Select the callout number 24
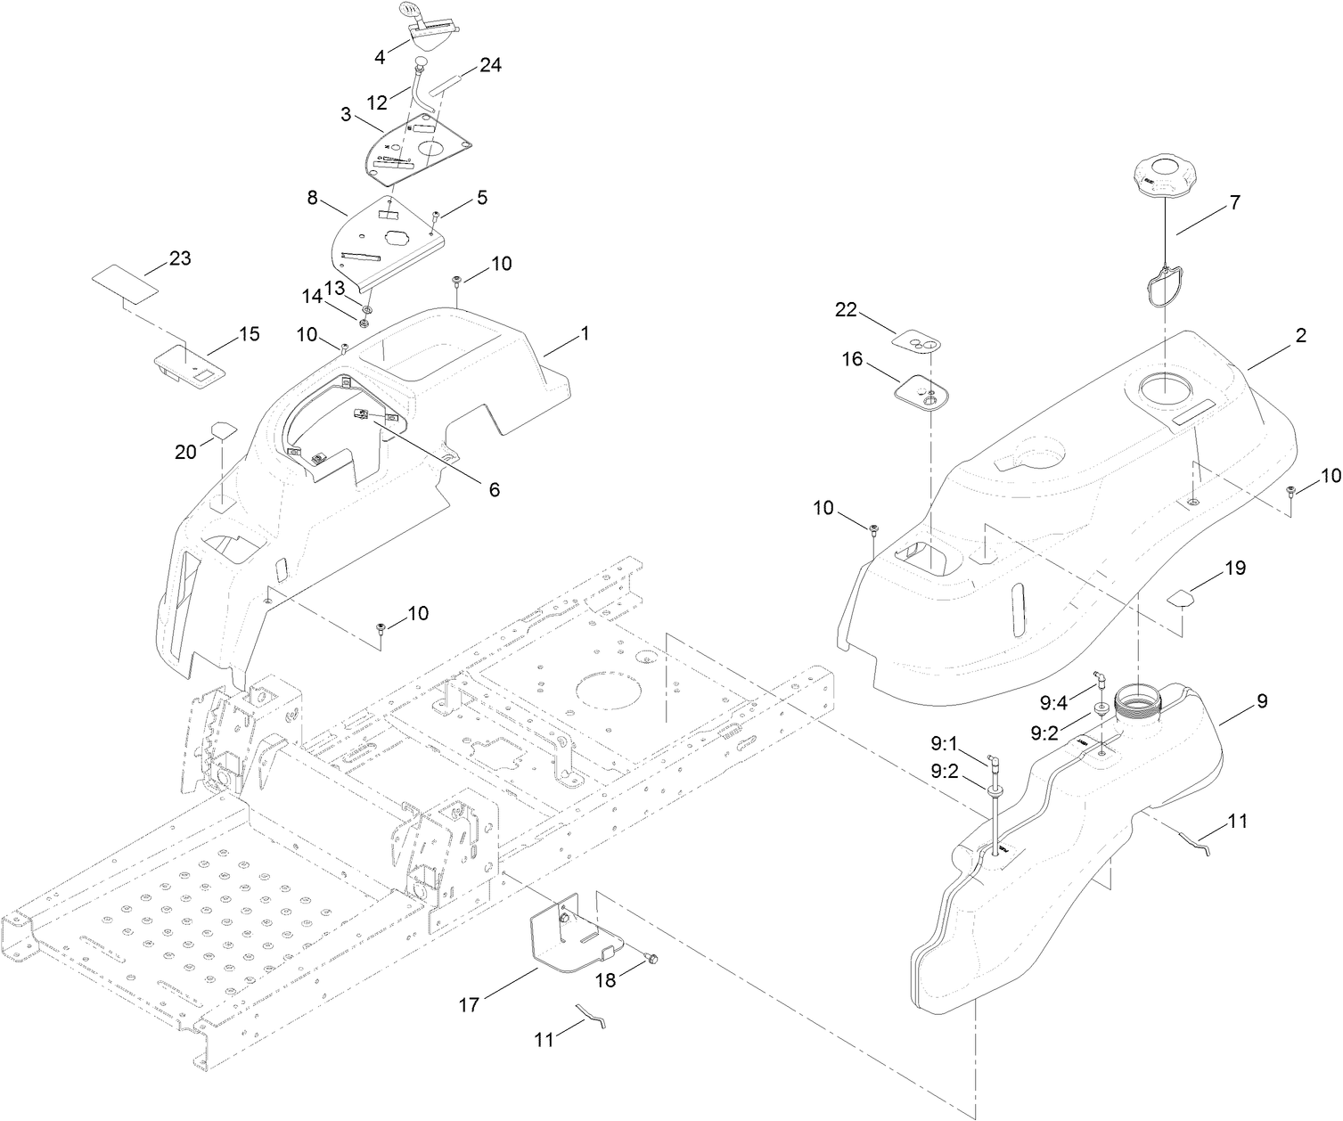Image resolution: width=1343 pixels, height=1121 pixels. pos(490,64)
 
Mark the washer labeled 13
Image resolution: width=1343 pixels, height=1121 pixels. pos(367,308)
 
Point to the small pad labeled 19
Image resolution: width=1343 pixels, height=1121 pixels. pos(1180,597)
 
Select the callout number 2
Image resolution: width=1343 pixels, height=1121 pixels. pos(1300,336)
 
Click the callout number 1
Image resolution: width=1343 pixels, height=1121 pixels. pos(585,333)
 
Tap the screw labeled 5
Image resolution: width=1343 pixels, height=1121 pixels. pos(436,215)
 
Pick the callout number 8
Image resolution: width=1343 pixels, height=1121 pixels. pos(313,198)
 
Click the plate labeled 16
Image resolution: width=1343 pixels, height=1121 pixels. pos(921,392)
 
